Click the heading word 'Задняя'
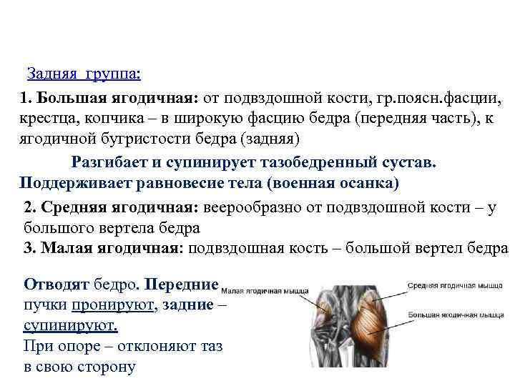53,74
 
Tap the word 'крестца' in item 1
46,118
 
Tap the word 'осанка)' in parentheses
369,183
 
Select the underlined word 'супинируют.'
70,326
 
